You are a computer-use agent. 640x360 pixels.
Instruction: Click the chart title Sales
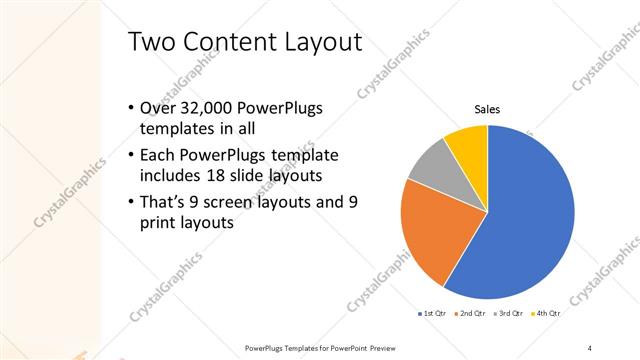coord(487,109)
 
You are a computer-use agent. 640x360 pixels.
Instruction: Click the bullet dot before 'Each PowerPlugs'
coord(132,156)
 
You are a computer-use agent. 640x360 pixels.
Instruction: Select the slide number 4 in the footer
coord(590,347)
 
